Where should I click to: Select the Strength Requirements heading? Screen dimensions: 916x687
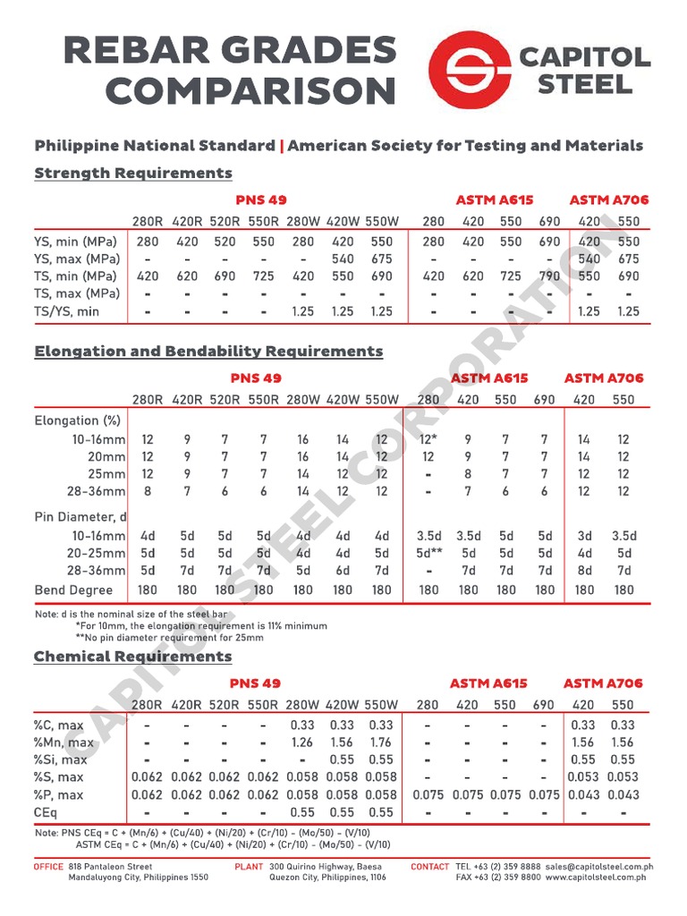coord(132,173)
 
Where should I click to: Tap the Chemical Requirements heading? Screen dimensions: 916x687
coord(132,657)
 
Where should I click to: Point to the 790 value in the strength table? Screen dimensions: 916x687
coord(549,276)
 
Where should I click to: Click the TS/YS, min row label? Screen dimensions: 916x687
coord(67,311)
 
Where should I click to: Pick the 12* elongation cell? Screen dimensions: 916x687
coord(428,439)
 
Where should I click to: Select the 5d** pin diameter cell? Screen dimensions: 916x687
coord(428,554)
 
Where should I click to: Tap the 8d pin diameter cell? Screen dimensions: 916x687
coord(584,571)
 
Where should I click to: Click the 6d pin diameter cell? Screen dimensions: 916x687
coord(343,571)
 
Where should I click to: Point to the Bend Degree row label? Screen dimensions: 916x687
coord(73,590)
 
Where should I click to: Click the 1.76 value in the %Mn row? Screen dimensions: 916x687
coord(382,742)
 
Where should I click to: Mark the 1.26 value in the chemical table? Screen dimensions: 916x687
coord(303,742)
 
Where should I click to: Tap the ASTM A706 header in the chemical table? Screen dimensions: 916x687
coord(603,683)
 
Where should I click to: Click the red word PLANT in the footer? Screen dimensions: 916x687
coord(249,867)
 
